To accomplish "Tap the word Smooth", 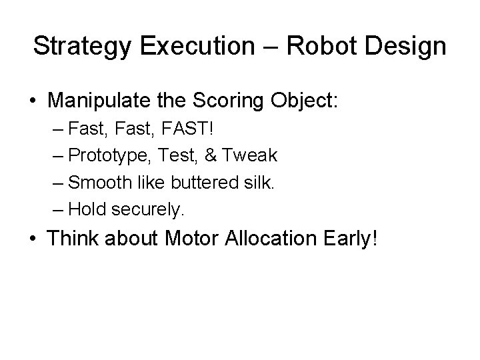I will (97, 182).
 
